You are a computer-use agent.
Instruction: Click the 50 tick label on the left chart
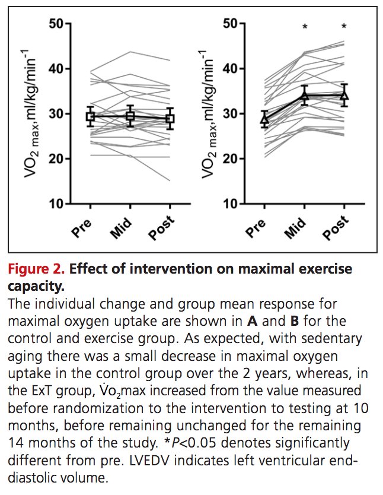56,24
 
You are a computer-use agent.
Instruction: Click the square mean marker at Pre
90,117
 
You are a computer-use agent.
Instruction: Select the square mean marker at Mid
130,116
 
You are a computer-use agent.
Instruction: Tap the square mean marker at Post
170,119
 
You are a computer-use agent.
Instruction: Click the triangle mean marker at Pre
265,119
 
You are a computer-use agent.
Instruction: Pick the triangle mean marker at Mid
305,95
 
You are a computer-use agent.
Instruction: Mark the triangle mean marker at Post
344,94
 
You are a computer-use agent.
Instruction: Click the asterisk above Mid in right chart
305,27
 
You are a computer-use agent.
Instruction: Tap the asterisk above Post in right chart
344,27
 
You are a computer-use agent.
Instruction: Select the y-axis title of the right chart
207,112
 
